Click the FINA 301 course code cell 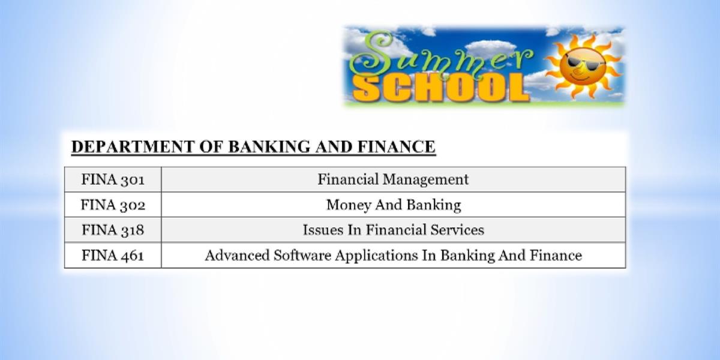pyautogui.click(x=113, y=179)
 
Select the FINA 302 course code pyautogui.click(x=113, y=205)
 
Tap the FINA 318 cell pyautogui.click(x=113, y=230)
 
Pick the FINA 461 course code pyautogui.click(x=113, y=255)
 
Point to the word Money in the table pyautogui.click(x=349, y=205)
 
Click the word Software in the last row pyautogui.click(x=302, y=255)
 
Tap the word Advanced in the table pyautogui.click(x=237, y=255)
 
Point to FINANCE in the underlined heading pyautogui.click(x=397, y=147)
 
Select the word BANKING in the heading pyautogui.click(x=269, y=147)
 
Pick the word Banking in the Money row pyautogui.click(x=434, y=205)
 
